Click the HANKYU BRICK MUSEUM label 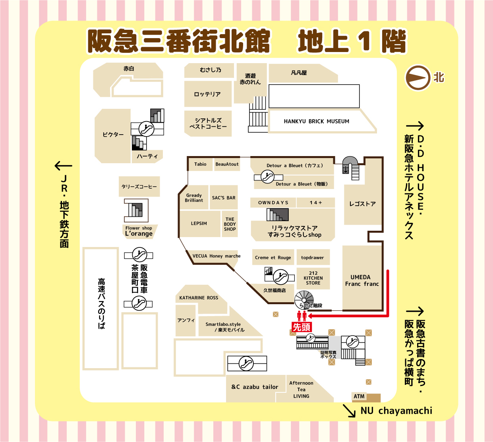[316, 121]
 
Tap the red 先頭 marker [302, 327]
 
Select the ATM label [359, 396]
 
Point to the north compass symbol [418, 77]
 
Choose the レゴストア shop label [362, 204]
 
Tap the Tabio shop [200, 164]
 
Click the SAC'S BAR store [224, 197]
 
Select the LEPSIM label [199, 223]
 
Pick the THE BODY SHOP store [230, 224]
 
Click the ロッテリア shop [208, 94]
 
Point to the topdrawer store [313, 257]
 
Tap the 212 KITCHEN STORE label [313, 278]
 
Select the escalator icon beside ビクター [146, 129]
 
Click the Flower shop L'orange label [139, 232]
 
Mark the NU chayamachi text [396, 411]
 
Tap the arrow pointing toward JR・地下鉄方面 [63, 166]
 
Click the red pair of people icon [302, 316]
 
